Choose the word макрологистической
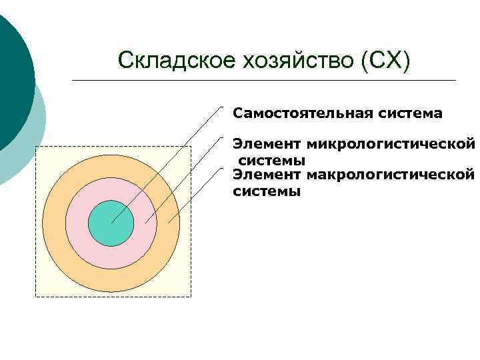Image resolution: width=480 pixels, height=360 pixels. click(x=391, y=175)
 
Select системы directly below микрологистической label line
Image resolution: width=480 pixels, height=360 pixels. click(x=272, y=161)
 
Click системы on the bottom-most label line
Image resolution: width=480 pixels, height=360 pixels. click(x=267, y=191)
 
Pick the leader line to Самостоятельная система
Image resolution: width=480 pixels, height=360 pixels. click(x=167, y=164)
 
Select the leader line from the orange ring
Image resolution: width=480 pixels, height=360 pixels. click(x=195, y=194)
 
